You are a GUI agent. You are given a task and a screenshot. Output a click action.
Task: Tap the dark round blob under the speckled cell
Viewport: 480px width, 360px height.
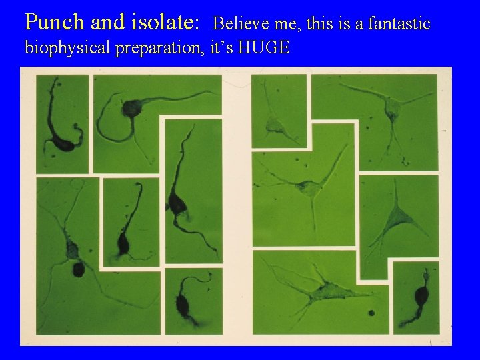point(78,270)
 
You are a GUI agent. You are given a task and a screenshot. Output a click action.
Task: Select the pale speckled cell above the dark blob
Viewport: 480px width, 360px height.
point(71,251)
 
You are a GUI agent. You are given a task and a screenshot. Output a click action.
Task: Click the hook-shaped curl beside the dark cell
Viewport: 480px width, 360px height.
point(79,127)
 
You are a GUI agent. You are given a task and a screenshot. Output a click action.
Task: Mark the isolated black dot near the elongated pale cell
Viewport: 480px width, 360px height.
point(370,311)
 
